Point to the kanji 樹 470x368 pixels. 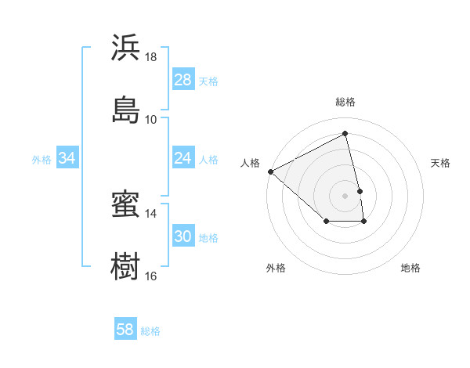click(x=125, y=266)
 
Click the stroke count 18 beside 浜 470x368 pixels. click(x=151, y=57)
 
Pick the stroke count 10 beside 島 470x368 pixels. click(x=151, y=119)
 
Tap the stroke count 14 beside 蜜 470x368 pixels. click(x=151, y=213)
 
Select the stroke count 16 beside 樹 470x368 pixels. click(x=151, y=276)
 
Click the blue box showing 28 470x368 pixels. click(x=183, y=80)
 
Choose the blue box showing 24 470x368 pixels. click(x=183, y=158)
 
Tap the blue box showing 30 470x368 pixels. click(x=183, y=236)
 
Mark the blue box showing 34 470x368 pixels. click(x=67, y=158)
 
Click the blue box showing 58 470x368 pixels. click(x=125, y=330)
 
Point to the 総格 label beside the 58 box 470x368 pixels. click(x=150, y=331)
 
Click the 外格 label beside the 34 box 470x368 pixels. click(x=42, y=160)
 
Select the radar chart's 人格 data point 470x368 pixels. click(x=270, y=171)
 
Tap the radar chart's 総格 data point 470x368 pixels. click(x=345, y=134)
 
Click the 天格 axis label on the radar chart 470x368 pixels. click(x=441, y=163)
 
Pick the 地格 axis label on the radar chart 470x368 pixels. click(x=410, y=268)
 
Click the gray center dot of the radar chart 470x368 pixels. click(x=345, y=195)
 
